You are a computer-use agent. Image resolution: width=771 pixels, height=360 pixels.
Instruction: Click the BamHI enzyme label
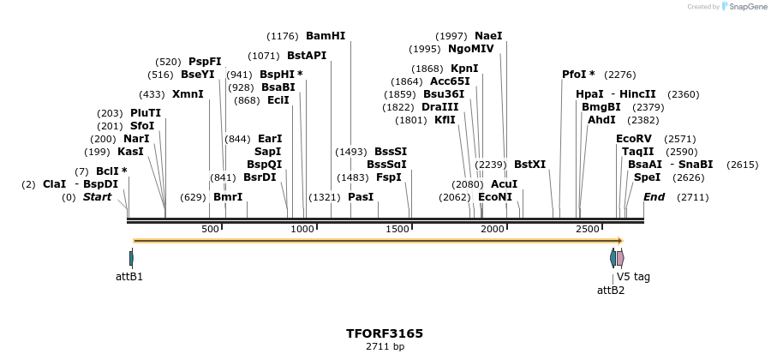pos(326,36)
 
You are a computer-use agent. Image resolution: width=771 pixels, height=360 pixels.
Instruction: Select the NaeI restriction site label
pos(488,36)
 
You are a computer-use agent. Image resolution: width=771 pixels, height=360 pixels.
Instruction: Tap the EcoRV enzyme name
pos(634,138)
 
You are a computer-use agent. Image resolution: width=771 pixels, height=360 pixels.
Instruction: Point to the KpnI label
pos(464,69)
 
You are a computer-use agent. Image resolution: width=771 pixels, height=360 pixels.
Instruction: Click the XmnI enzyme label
pos(188,94)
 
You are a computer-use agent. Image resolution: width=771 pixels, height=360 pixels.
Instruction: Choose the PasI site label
pos(361,197)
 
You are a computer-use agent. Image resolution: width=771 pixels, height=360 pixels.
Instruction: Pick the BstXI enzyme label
pos(529,165)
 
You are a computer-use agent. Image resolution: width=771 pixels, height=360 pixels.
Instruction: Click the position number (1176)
pos(283,36)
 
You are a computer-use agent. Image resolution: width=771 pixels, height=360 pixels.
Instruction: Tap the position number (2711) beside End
pos(692,197)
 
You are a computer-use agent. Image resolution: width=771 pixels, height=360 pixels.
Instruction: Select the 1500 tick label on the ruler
pos(397,230)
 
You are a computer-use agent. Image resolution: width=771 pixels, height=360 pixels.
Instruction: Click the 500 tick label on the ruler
pos(210,230)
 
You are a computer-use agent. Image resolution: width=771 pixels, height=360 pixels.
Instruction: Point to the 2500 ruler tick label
pos(587,230)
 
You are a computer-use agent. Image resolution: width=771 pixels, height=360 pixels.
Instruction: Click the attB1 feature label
pos(129,277)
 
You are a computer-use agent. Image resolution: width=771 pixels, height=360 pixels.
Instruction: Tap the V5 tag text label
pos(633,277)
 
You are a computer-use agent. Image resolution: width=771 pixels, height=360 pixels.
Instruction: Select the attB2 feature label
pos(611,290)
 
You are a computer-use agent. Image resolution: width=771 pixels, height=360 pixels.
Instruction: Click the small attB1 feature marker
pos(131,258)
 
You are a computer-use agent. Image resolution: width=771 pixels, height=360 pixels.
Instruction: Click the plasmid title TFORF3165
pos(385,333)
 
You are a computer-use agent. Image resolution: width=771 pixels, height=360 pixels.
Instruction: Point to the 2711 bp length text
pos(385,346)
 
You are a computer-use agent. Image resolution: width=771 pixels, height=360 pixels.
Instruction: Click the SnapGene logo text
pos(747,7)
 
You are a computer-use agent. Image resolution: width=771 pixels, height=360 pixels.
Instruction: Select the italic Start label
pos(97,197)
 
